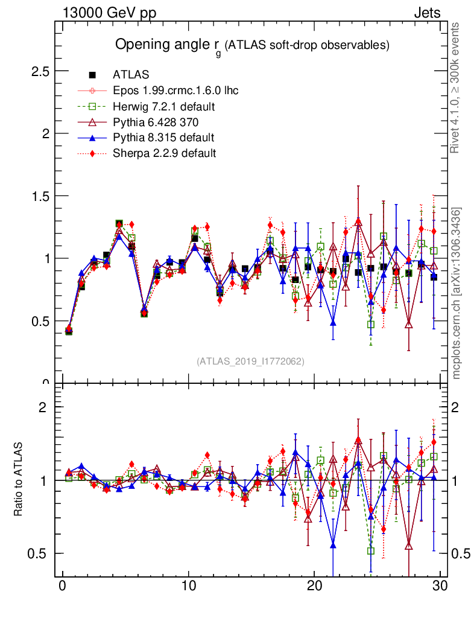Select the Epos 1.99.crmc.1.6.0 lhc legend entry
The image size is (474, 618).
175,91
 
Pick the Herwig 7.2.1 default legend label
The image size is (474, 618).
164,107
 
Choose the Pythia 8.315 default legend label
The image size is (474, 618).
163,138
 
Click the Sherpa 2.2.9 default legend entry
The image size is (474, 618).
164,153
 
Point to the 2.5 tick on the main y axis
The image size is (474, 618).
40,71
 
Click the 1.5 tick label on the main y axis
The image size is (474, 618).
40,196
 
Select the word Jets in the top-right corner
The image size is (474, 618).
426,13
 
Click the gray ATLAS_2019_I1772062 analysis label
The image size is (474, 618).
250,362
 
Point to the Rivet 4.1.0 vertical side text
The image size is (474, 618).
456,88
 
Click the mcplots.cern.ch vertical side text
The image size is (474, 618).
457,293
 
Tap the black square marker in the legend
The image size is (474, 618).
92,75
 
